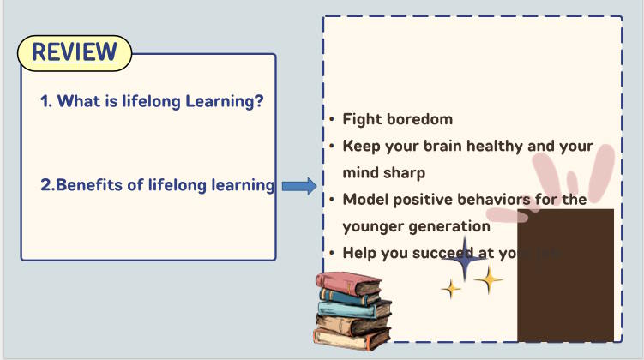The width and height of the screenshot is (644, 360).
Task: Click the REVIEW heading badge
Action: [x=74, y=53]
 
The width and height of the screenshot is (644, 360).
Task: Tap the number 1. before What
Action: [x=46, y=101]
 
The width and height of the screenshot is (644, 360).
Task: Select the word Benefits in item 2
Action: [x=88, y=184]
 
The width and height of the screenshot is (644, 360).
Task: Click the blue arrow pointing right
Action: [x=299, y=185]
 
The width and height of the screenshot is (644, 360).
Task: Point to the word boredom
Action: [x=417, y=119]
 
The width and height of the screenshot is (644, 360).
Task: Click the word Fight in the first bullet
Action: [x=360, y=119]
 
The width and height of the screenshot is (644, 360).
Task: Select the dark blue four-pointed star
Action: [x=464, y=261]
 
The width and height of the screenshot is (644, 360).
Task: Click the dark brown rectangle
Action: [x=565, y=283]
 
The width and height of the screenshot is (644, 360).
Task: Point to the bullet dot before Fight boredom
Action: [x=332, y=120]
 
